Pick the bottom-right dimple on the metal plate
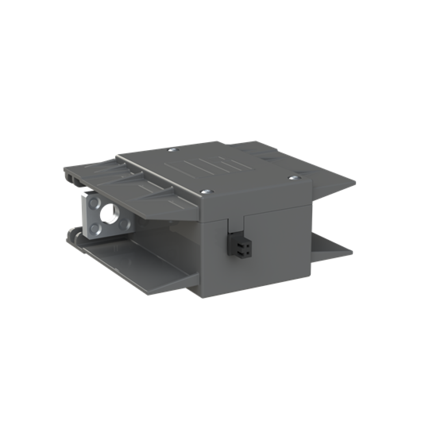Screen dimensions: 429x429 click(123, 224)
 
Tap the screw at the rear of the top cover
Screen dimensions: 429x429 click(173, 150)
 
